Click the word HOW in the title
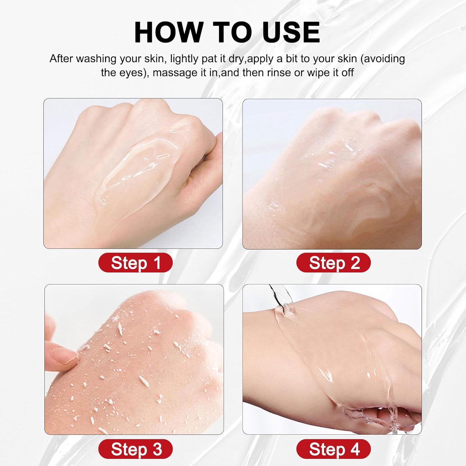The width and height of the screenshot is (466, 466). pyautogui.click(x=168, y=32)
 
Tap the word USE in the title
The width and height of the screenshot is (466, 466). pyautogui.click(x=291, y=32)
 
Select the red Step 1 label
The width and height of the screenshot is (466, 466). pyautogui.click(x=135, y=263)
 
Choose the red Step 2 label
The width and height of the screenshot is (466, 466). pyautogui.click(x=334, y=263)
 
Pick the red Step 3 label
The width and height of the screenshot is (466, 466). pyautogui.click(x=135, y=449)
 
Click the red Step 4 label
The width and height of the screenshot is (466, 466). pyautogui.click(x=334, y=449)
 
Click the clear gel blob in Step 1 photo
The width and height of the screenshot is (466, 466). pyautogui.click(x=137, y=165)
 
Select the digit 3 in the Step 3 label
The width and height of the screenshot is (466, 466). pyautogui.click(x=157, y=449)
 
